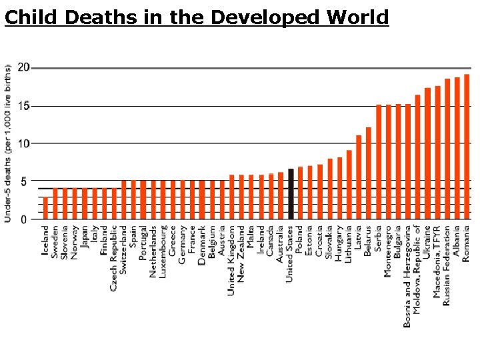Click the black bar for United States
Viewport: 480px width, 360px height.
tap(291, 194)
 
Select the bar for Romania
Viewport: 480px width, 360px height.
tap(466, 147)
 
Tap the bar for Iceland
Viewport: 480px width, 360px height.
tap(45, 208)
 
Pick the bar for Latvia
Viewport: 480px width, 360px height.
tap(359, 177)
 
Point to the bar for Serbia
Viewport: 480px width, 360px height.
tap(379, 162)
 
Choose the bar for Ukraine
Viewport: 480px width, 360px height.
tap(427, 153)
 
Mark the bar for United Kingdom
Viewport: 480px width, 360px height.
tap(232, 197)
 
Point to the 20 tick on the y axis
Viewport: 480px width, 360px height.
tap(24, 67)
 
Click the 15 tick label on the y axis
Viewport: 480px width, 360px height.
tap(24, 105)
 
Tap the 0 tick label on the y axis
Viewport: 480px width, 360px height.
tap(25, 219)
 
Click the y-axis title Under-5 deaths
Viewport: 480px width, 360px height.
tap(8, 143)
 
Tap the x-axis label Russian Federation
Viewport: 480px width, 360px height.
tap(447, 265)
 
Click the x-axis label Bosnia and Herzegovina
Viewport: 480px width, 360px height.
tap(407, 276)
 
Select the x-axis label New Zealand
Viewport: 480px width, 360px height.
tap(241, 251)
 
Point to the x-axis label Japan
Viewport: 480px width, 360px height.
tap(85, 237)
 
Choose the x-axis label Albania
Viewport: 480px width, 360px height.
tap(457, 242)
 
